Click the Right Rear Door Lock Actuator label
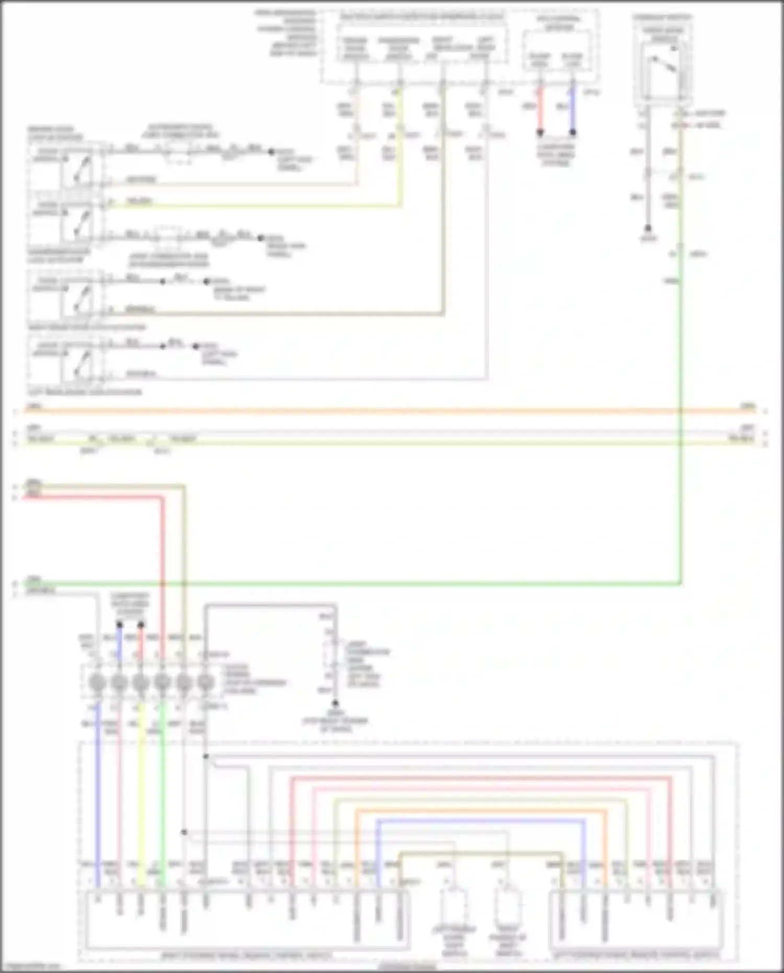tap(87, 327)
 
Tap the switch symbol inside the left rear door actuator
tap(78, 363)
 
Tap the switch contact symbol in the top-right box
tap(663, 65)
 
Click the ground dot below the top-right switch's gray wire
tap(648, 228)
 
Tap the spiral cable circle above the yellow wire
tap(141, 682)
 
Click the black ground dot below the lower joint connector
tap(335, 703)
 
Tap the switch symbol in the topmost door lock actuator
tap(78, 167)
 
